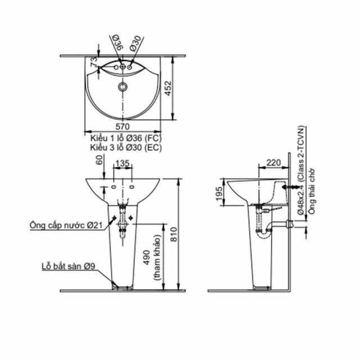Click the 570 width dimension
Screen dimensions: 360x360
[x=123, y=127]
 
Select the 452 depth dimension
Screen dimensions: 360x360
[x=169, y=88]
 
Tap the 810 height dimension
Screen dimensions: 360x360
[x=174, y=234]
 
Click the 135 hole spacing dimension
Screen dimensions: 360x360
[x=123, y=164]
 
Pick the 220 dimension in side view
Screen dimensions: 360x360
[x=273, y=163]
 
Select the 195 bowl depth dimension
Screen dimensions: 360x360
[x=219, y=193]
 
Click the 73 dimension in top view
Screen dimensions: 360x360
[x=94, y=62]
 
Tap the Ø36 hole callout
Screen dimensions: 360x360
[x=119, y=43]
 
